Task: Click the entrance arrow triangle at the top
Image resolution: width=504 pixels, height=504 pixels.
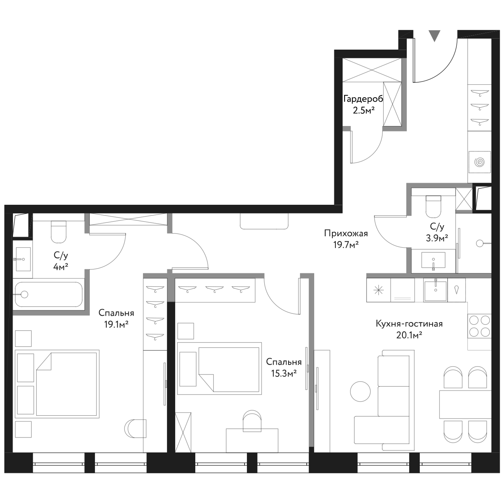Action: [434, 36]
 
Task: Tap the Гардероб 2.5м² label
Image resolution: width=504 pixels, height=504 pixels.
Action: [363, 105]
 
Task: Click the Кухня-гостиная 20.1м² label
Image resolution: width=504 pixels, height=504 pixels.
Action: [409, 329]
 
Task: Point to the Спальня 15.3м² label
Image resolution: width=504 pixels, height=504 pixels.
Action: [284, 367]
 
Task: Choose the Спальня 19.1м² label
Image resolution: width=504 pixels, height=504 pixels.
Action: [116, 319]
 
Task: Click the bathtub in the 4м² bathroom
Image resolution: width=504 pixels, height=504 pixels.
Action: [49, 294]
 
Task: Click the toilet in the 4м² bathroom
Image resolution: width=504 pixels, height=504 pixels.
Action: [59, 232]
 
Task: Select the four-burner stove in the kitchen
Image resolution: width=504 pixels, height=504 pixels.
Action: [480, 326]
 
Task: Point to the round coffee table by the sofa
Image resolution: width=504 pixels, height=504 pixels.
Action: [360, 391]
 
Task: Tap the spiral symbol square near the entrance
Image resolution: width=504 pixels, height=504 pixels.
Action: [480, 162]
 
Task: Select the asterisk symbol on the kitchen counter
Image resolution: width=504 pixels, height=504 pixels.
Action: [378, 291]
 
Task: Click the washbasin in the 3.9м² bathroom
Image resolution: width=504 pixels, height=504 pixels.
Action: [433, 260]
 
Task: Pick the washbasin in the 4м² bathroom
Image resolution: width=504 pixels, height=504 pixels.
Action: [23, 259]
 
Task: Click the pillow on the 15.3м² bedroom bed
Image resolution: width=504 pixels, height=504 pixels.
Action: [188, 369]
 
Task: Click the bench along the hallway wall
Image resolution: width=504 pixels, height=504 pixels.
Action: [264, 221]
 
